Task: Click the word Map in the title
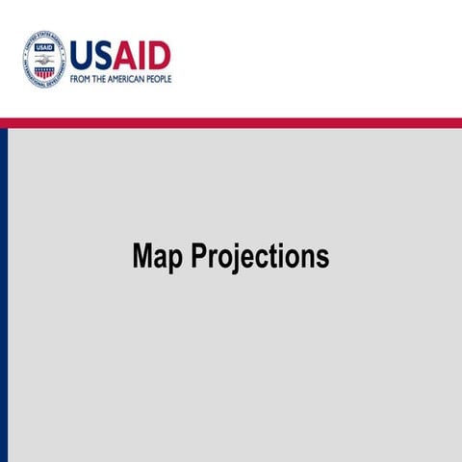[x=158, y=257]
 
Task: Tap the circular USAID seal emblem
[x=44, y=60]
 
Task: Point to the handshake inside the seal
[x=44, y=59]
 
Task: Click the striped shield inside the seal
[x=44, y=71]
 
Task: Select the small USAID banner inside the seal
[x=44, y=48]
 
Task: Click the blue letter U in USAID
[x=82, y=56]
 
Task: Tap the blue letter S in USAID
[x=104, y=56]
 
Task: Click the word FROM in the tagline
[x=81, y=79]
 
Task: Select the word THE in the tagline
[x=100, y=79]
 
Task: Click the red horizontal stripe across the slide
[x=231, y=122]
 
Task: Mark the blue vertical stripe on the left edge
[x=4, y=289]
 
